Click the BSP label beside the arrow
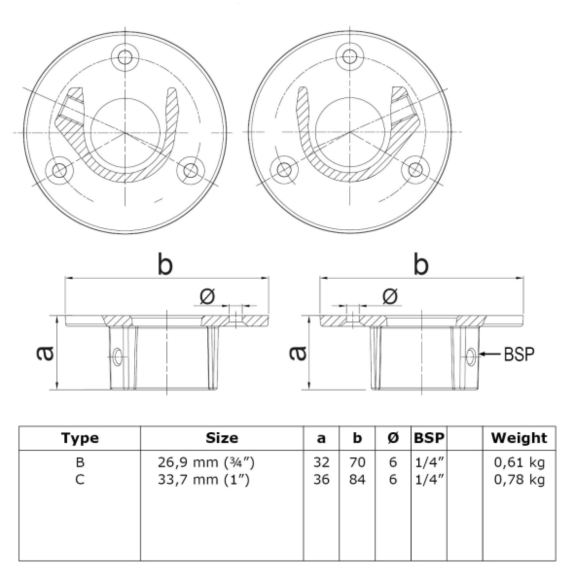point(519,354)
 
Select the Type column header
point(80,438)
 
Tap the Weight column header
point(519,438)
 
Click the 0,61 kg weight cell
point(519,462)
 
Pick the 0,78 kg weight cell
point(519,480)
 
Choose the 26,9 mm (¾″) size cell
point(206,462)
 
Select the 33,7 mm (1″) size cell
point(204,480)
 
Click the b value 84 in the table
point(357,480)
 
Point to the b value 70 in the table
point(357,462)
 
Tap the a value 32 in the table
point(321,462)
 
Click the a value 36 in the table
point(321,480)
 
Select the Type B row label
point(80,462)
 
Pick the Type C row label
point(80,480)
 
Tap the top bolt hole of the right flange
point(349,56)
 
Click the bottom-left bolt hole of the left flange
point(60,170)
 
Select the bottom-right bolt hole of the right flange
point(415,170)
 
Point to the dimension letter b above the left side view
point(165,265)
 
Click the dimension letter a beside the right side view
point(297,353)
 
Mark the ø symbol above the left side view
point(207,296)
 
